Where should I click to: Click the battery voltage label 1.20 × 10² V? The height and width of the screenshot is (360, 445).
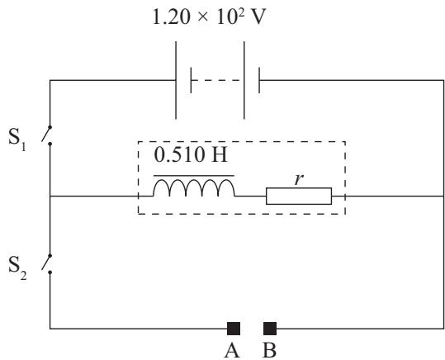click(x=209, y=17)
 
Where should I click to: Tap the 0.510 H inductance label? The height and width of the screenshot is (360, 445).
click(x=191, y=154)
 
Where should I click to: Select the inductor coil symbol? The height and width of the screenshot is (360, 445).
click(x=194, y=187)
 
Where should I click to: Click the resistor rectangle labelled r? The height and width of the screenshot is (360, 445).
click(x=299, y=196)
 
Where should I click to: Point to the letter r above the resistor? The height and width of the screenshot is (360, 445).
click(x=299, y=179)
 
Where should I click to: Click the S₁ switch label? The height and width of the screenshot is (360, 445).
click(x=17, y=139)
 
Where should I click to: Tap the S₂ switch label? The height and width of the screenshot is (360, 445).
click(x=17, y=268)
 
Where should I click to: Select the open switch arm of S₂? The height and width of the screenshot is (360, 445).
click(x=46, y=263)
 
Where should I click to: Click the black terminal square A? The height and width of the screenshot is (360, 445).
click(x=234, y=329)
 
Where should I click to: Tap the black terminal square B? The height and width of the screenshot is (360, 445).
click(x=270, y=329)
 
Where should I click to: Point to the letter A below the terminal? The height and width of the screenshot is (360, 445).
click(x=232, y=351)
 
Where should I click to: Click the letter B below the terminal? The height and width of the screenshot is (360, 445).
click(x=269, y=351)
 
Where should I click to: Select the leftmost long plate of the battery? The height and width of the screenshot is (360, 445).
click(x=176, y=80)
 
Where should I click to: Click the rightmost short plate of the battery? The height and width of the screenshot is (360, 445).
click(x=259, y=80)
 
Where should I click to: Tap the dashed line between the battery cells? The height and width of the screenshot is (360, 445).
click(x=217, y=80)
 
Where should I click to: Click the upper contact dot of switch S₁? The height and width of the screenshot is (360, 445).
click(x=50, y=127)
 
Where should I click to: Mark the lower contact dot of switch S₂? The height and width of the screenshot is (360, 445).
click(x=50, y=272)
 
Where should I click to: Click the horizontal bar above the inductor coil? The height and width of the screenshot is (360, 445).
click(x=194, y=176)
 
